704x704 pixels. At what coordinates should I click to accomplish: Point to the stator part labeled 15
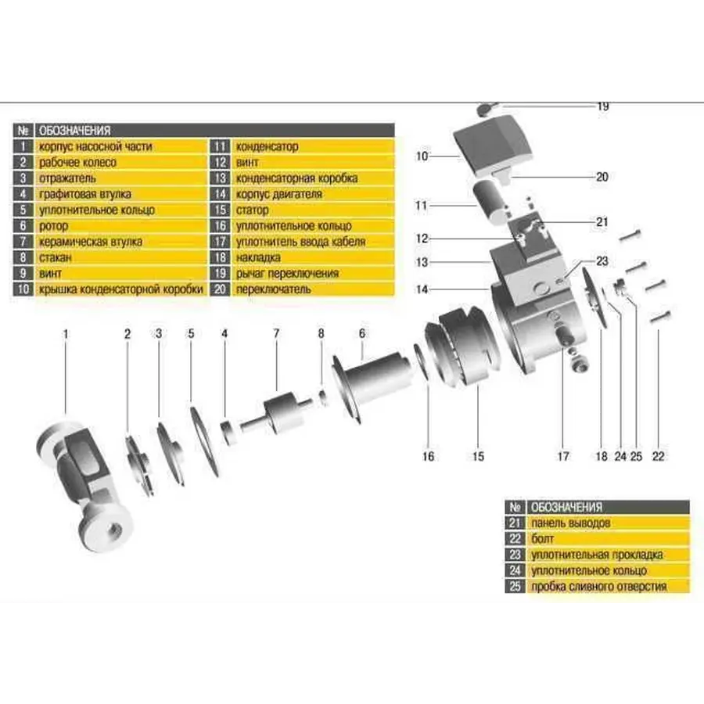pyautogui.click(x=465, y=348)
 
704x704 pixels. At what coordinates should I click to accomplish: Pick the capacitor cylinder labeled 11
pyautogui.click(x=489, y=200)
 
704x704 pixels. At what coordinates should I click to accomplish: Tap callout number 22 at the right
pyautogui.click(x=658, y=455)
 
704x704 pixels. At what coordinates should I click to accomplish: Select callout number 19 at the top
pyautogui.click(x=602, y=106)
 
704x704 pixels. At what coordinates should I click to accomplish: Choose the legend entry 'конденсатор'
pyautogui.click(x=267, y=146)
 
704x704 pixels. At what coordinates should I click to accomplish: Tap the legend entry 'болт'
pyautogui.click(x=544, y=539)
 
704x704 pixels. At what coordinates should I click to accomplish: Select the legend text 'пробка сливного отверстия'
pyautogui.click(x=598, y=587)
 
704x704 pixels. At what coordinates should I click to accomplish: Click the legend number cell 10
pyautogui.click(x=24, y=289)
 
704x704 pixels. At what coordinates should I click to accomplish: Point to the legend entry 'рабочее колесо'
pyautogui.click(x=77, y=162)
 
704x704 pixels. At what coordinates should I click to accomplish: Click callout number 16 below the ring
pyautogui.click(x=428, y=455)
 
